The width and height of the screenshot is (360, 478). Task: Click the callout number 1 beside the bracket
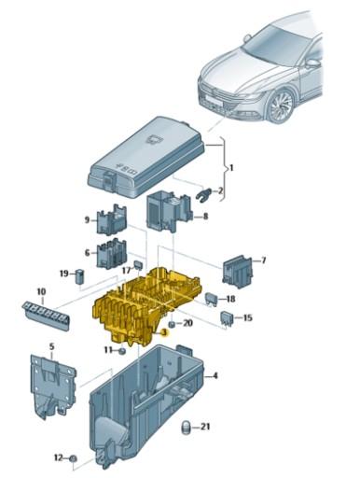(233, 171)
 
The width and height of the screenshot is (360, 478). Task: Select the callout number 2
(221, 191)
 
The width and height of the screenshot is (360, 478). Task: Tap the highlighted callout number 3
(164, 331)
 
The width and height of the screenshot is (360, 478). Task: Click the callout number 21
(206, 427)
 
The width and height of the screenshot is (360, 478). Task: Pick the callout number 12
(58, 457)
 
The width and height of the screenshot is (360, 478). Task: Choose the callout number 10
(40, 292)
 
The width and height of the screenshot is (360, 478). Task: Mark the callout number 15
(247, 318)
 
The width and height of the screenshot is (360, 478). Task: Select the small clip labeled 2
(204, 192)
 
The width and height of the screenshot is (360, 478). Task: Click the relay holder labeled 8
(169, 213)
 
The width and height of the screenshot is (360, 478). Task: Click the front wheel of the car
(280, 105)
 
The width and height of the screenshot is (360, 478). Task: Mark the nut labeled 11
(121, 351)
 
